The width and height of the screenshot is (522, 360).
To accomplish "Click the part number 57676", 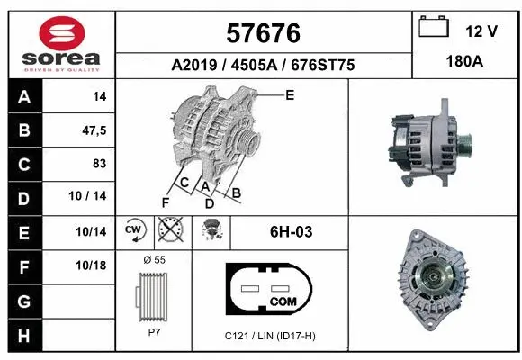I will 264,33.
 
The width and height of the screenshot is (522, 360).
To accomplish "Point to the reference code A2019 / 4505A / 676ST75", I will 264,65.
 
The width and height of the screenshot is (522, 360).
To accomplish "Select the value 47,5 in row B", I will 94,130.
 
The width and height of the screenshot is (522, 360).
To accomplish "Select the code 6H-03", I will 291,231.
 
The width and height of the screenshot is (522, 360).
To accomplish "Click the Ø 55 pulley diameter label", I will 154,260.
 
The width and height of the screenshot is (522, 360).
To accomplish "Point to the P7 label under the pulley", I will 155,332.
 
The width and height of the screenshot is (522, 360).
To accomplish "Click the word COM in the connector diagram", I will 283,301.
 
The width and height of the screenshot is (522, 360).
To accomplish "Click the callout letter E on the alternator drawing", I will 290,94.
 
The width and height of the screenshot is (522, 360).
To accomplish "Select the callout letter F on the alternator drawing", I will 164,202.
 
